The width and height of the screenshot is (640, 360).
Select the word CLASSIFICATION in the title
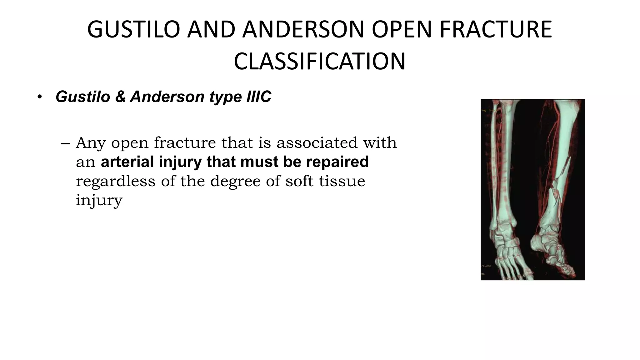[x=319, y=62]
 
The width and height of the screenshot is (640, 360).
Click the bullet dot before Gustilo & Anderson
[x=39, y=97]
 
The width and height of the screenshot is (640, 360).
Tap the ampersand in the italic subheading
[x=120, y=97]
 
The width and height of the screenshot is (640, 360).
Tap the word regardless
[x=116, y=181]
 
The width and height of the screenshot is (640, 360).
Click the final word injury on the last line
[x=99, y=201]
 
